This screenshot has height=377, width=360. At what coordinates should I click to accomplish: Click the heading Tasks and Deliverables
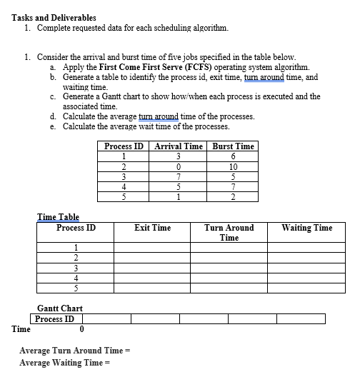[x=54, y=17]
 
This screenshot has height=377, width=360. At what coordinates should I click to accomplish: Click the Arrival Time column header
[x=177, y=146]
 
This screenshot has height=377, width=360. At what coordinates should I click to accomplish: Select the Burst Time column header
[x=233, y=146]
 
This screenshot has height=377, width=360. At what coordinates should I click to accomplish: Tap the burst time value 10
[x=233, y=168]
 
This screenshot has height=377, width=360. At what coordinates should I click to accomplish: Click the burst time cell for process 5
[x=233, y=198]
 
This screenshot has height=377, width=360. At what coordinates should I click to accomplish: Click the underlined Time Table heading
[x=58, y=217]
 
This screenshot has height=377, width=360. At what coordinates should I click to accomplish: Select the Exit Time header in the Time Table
[x=152, y=228]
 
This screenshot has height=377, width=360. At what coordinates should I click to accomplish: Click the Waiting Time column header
[x=306, y=228]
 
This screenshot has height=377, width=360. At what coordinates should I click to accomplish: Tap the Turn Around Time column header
[x=229, y=233]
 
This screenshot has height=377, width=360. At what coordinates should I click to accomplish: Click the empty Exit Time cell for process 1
[x=152, y=248]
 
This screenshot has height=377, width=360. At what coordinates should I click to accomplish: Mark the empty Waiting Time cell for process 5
[x=306, y=288]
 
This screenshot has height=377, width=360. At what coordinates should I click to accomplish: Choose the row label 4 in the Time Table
[x=76, y=278]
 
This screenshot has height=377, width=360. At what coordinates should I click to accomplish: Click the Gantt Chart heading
[x=59, y=308]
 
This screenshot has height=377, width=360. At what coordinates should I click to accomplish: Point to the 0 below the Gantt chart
[x=82, y=329]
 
